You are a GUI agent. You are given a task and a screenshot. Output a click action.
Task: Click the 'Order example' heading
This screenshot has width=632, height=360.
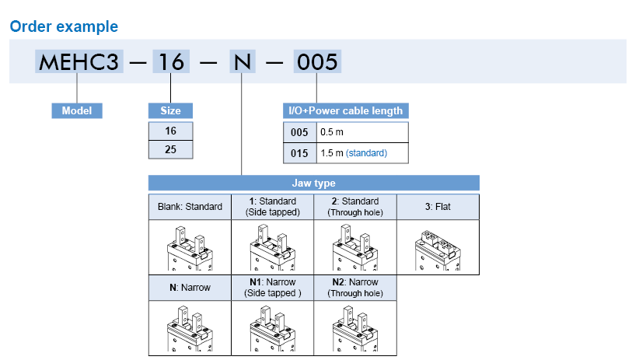pos(64,26)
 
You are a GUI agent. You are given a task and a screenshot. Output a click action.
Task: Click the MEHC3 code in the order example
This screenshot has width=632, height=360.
pos(78,61)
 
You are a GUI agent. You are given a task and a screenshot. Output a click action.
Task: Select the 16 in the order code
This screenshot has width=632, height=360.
pos(170,61)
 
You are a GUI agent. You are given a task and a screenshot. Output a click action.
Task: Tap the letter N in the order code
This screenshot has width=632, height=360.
pos(242,61)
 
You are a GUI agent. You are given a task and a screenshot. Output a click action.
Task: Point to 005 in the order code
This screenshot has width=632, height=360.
pos(316,61)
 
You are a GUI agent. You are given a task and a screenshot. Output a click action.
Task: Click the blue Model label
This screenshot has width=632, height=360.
pos(77,110)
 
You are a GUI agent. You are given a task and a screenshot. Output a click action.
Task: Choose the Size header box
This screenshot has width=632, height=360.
pos(170,110)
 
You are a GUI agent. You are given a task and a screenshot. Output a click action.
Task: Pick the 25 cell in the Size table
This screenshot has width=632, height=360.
pos(170,149)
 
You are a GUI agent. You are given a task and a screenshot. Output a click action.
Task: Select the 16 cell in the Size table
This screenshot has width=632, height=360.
pos(170,131)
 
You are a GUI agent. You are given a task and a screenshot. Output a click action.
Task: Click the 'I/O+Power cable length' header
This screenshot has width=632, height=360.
pos(345,110)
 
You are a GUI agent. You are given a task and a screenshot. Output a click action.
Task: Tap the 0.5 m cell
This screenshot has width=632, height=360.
pos(362,132)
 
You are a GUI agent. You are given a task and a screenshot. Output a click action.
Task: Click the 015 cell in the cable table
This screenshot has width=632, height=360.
pos(300,153)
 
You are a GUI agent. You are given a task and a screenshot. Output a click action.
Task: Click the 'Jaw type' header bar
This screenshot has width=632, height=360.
pos(313,183)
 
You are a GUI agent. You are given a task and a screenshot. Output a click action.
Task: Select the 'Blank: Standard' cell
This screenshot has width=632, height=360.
pos(190,207)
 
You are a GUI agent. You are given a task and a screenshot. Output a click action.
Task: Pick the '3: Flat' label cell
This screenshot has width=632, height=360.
pos(438,207)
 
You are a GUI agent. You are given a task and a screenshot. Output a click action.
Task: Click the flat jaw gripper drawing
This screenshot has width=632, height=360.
pos(438,246)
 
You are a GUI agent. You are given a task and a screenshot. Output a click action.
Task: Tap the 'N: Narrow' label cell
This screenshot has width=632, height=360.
pos(190,287)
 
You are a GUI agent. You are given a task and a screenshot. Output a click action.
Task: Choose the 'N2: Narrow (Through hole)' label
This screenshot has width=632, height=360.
pos(355,287)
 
